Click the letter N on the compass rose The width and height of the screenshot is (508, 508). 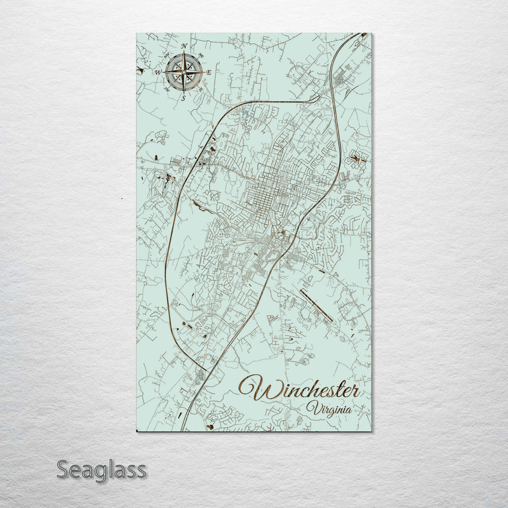pyautogui.click(x=184, y=46)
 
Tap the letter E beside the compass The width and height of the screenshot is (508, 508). pyautogui.click(x=209, y=72)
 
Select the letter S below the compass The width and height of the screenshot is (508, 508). pyautogui.click(x=184, y=98)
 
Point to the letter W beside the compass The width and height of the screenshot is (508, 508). pyautogui.click(x=159, y=72)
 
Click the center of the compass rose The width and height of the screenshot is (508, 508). pyautogui.click(x=184, y=72)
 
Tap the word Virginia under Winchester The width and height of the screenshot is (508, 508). pyautogui.click(x=328, y=408)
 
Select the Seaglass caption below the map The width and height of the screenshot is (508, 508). pyautogui.click(x=101, y=471)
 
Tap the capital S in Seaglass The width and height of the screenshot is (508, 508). pyautogui.click(x=63, y=470)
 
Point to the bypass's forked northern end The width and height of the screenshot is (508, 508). pyautogui.click(x=317, y=98)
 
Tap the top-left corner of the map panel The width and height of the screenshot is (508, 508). pyautogui.click(x=137, y=33)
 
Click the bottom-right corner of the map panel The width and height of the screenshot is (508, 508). pyautogui.click(x=372, y=432)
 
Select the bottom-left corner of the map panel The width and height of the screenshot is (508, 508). pyautogui.click(x=137, y=432)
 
